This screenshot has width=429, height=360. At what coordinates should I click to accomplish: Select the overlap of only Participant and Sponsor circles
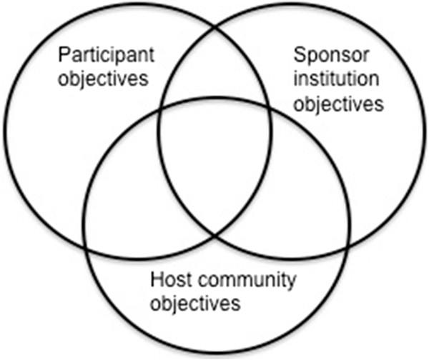point(215,79)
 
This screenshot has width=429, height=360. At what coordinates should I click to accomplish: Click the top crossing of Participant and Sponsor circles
point(215,27)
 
